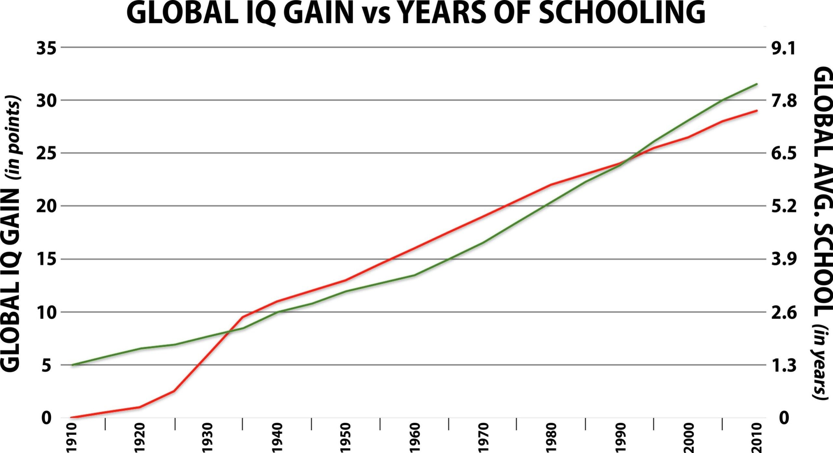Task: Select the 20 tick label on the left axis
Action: [47, 206]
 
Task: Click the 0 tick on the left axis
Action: [47, 418]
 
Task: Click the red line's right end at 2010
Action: [758, 111]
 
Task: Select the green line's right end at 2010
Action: [758, 84]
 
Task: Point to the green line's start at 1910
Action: [72, 365]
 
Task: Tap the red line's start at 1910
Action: [72, 418]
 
